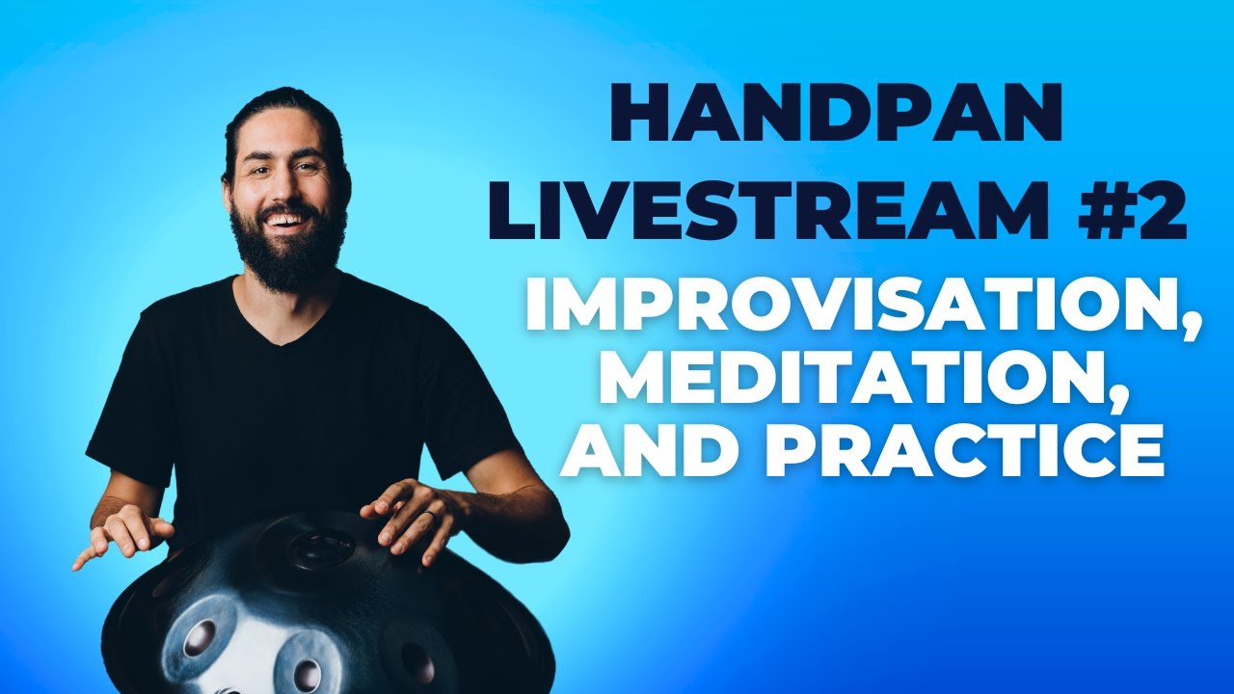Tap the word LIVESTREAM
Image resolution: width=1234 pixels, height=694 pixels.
coord(766,210)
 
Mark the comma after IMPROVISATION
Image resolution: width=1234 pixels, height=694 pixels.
coord(1189,332)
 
